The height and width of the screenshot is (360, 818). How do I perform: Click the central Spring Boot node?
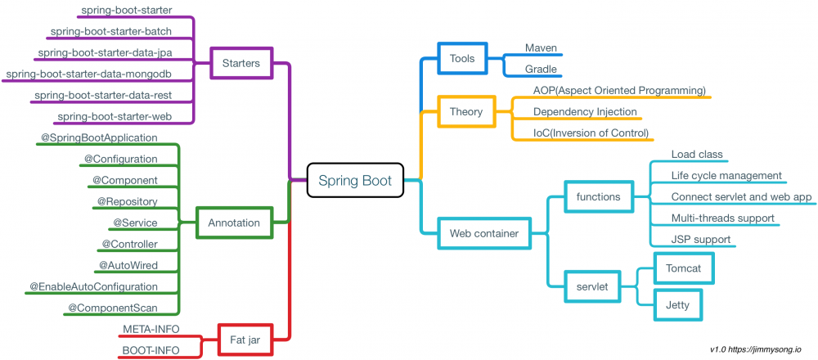tap(355, 181)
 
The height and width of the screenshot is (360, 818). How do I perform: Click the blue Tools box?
tap(462, 58)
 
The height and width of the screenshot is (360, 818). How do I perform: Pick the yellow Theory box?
tap(466, 111)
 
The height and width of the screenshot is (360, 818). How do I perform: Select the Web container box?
tap(484, 234)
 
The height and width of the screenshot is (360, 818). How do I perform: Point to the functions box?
tap(599, 196)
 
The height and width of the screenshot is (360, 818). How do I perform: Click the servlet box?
tap(592, 287)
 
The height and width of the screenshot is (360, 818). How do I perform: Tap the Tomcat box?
tap(678, 268)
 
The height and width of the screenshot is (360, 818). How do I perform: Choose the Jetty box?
tap(678, 305)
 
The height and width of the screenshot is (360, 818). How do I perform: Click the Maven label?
tap(541, 48)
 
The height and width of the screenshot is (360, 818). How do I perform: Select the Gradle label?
tap(541, 70)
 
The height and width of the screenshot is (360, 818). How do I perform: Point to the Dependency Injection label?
tap(585, 112)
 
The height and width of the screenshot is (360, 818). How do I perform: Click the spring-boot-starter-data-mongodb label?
tap(100, 74)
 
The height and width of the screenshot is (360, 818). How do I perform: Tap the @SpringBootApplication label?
tap(99, 138)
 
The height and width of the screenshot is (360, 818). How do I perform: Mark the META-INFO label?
tap(151, 329)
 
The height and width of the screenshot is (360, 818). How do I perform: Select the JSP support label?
tap(701, 240)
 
